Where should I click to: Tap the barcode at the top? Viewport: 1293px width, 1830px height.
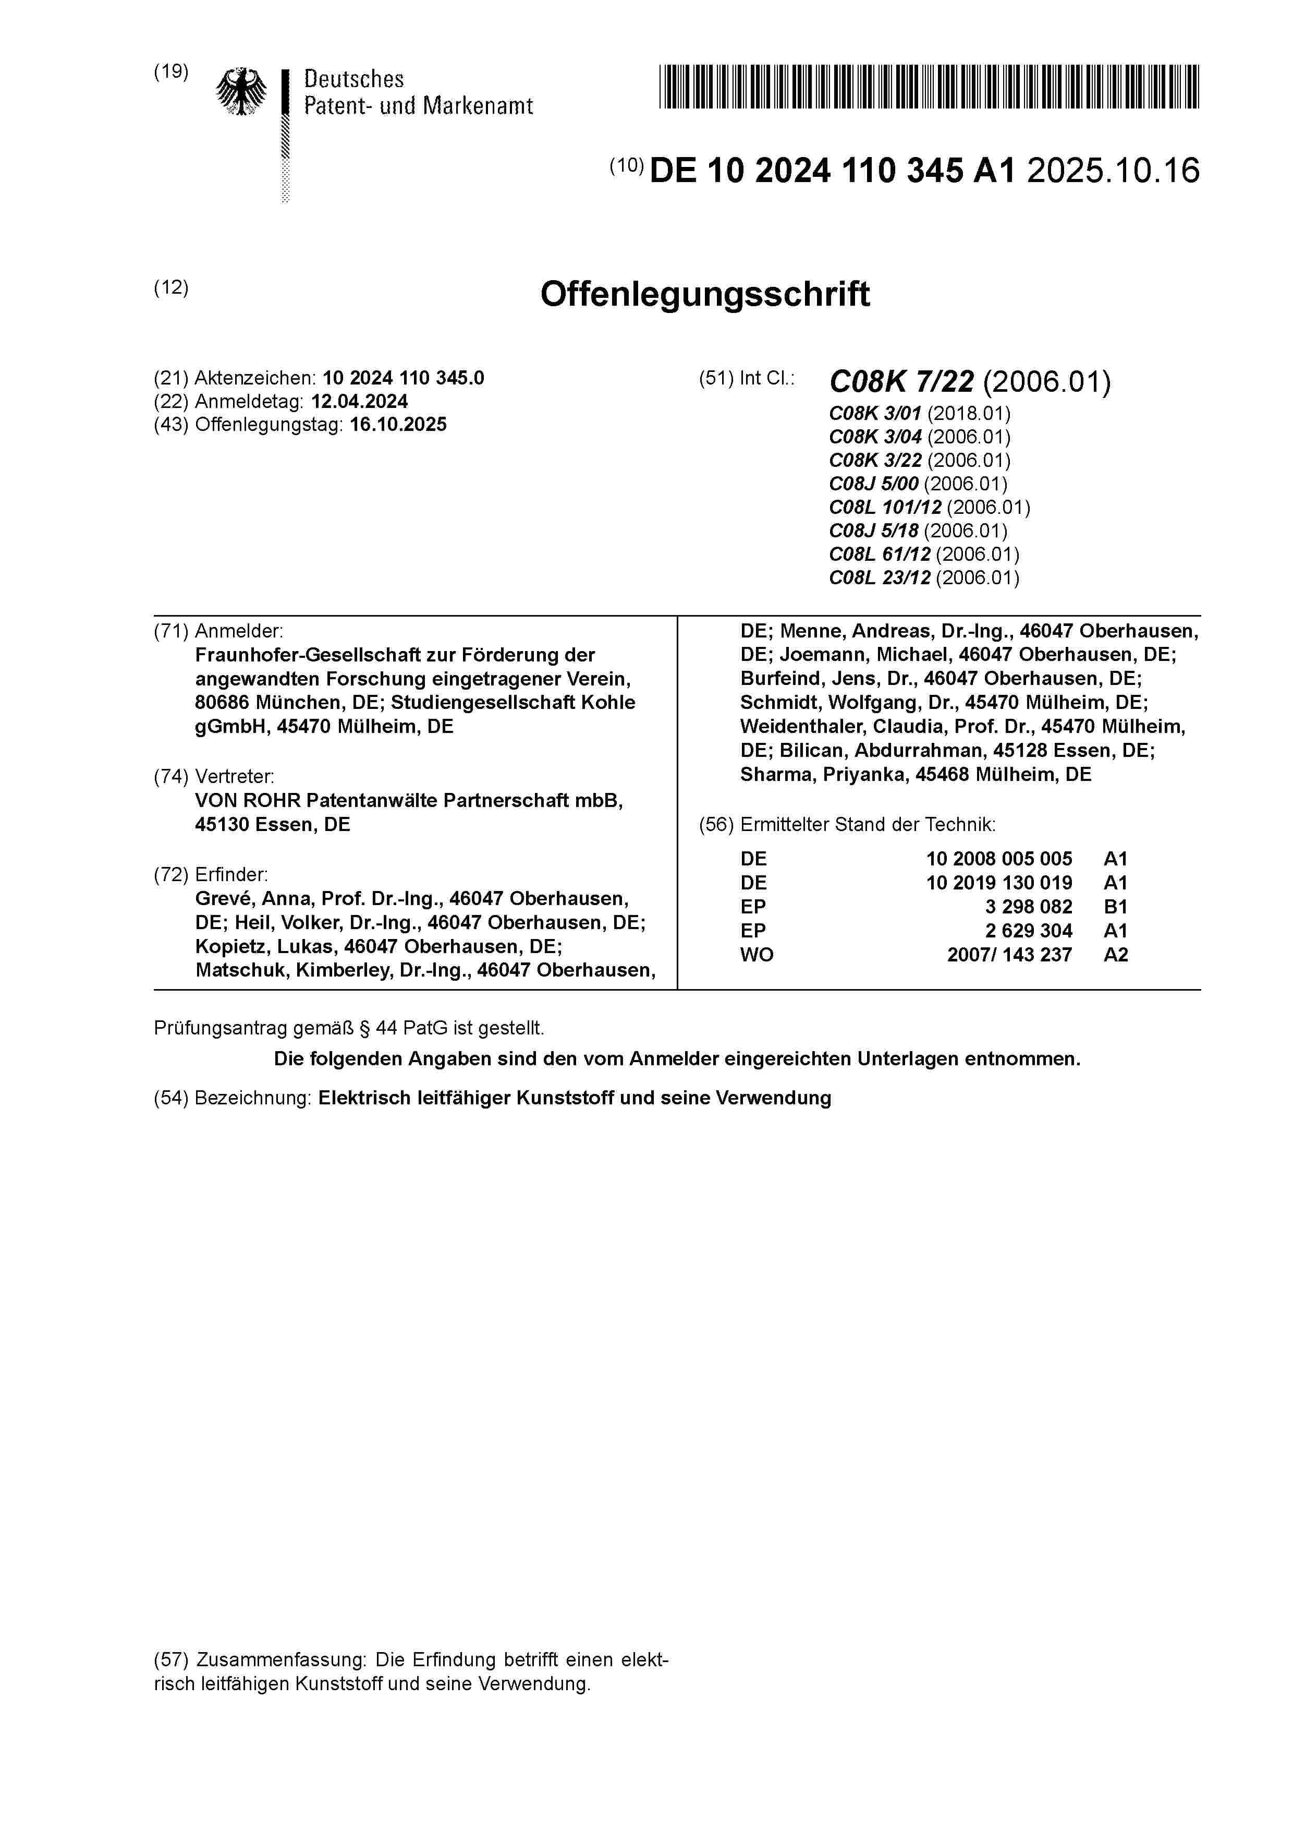929,86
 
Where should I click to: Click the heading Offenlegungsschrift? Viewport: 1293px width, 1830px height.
704,294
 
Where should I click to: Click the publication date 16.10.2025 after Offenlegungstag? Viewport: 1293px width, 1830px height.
398,424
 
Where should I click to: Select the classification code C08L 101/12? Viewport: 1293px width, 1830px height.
885,507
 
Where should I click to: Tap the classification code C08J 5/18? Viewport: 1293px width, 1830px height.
873,531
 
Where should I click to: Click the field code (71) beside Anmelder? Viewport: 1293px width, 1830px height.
172,631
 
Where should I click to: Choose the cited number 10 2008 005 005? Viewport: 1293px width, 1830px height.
998,859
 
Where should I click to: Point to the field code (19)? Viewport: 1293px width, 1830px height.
172,72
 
